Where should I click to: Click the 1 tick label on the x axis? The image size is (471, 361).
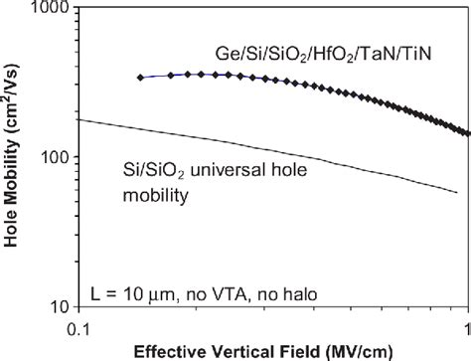click(466, 326)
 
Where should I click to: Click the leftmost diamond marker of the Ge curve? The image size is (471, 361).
click(141, 78)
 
